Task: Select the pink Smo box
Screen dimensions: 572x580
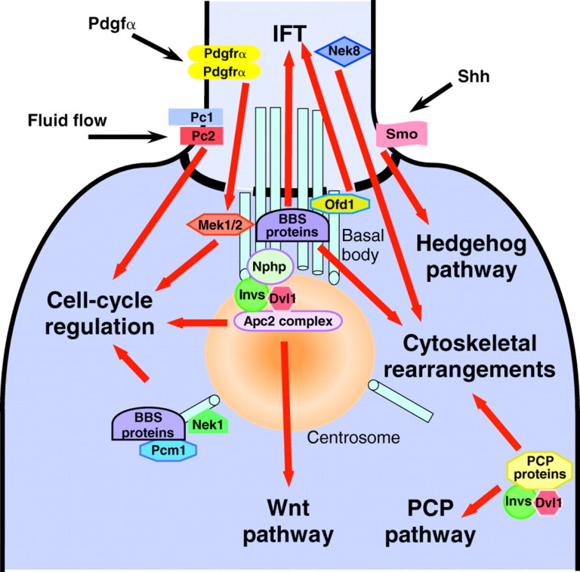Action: point(402,135)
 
